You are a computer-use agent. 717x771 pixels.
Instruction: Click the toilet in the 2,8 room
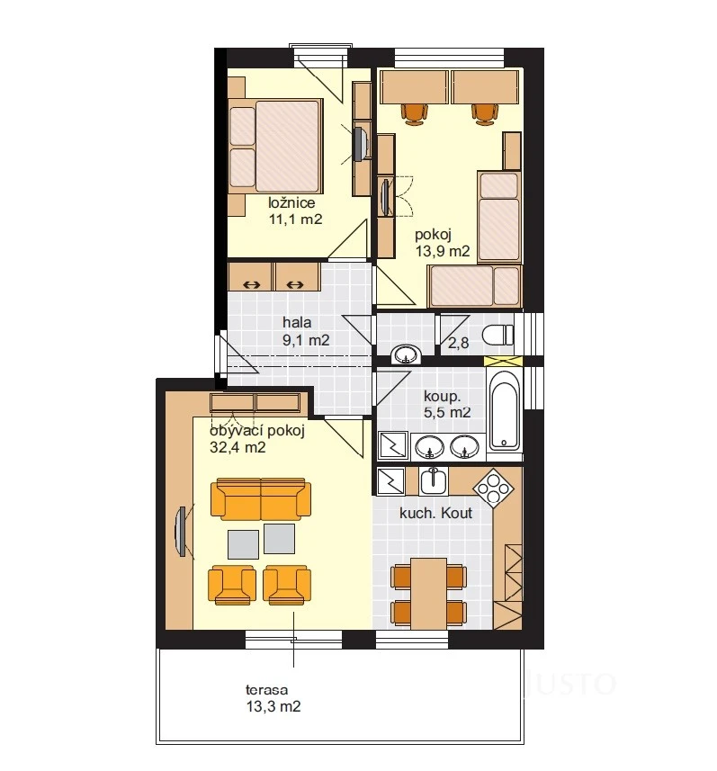(497, 336)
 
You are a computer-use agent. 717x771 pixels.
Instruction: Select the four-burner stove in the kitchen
(493, 489)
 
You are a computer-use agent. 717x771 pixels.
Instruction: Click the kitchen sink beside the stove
(434, 480)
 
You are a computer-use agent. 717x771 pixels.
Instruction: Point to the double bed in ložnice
(276, 146)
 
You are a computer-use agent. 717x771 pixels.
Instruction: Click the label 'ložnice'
(291, 202)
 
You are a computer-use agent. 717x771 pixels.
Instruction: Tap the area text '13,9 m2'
(443, 251)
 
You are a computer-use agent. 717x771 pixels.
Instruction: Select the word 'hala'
(297, 323)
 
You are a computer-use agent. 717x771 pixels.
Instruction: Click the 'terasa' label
(266, 690)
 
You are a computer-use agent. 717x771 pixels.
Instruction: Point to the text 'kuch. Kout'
(435, 514)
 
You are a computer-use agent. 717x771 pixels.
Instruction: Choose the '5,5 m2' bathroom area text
(447, 412)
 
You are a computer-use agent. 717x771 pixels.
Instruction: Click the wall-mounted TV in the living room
(181, 532)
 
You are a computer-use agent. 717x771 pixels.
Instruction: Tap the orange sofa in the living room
(261, 498)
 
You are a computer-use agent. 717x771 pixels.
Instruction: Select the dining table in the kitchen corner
(429, 594)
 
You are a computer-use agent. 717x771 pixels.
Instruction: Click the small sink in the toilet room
(407, 354)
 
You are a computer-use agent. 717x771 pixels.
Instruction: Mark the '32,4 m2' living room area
(238, 447)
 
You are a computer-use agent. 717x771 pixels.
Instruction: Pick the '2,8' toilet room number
(458, 343)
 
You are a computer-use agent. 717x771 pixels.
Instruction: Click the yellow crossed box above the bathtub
(504, 361)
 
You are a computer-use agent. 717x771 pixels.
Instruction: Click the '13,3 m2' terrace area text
(273, 707)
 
